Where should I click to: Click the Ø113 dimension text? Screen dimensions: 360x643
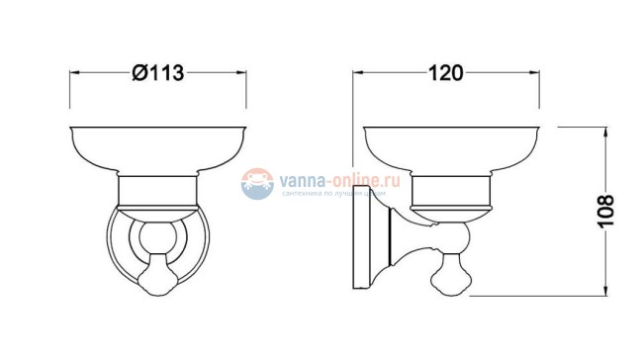(x=157, y=73)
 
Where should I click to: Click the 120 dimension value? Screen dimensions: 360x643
(x=448, y=72)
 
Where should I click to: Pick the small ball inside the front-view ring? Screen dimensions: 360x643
(x=157, y=237)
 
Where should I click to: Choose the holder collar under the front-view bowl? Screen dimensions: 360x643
(x=157, y=191)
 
